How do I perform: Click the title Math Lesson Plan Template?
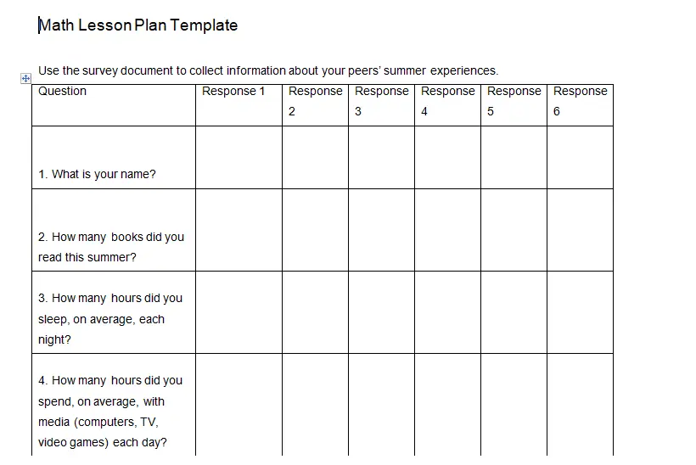pyautogui.click(x=138, y=25)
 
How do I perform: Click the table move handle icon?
pyautogui.click(x=25, y=78)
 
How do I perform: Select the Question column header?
pyautogui.click(x=63, y=92)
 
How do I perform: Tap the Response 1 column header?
pyautogui.click(x=234, y=92)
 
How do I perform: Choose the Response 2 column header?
pyautogui.click(x=315, y=101)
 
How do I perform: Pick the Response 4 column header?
pyautogui.click(x=447, y=101)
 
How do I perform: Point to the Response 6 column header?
pyautogui.click(x=580, y=101)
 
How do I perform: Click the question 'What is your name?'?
pyautogui.click(x=97, y=174)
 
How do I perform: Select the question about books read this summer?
pyautogui.click(x=110, y=247)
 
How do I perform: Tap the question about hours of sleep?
pyautogui.click(x=109, y=319)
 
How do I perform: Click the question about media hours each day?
pyautogui.click(x=109, y=412)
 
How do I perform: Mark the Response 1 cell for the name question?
pyautogui.click(x=239, y=158)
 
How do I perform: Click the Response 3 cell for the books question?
pyautogui.click(x=381, y=230)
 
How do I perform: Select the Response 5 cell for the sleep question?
pyautogui.click(x=514, y=312)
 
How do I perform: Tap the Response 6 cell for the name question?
pyautogui.click(x=580, y=158)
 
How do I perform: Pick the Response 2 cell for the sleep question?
pyautogui.click(x=315, y=312)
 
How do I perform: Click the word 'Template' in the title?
pyautogui.click(x=204, y=25)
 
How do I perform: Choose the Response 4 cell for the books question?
pyautogui.click(x=447, y=230)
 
